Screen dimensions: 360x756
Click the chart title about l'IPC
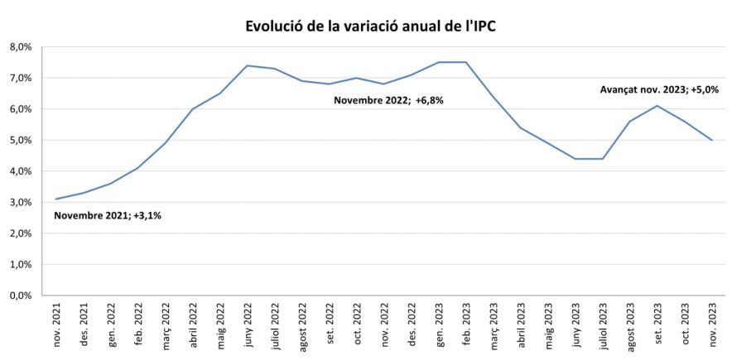pos(371,26)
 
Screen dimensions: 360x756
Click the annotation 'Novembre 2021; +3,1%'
pos(108,216)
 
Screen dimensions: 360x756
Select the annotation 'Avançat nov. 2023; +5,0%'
pos(658,89)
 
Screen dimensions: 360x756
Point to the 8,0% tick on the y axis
pos(20,47)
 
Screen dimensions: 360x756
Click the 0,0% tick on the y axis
pos(20,295)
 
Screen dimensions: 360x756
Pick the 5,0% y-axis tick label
pos(20,140)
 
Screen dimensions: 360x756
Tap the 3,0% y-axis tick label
pos(20,202)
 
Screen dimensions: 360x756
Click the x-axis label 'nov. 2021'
pos(56,325)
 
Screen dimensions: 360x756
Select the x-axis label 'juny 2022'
pos(248,324)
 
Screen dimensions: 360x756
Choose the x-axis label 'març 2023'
pos(494,324)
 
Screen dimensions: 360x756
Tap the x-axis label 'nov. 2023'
pos(712,325)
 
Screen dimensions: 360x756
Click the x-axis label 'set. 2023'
pos(657,325)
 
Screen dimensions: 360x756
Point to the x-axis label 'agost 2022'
pos(302,324)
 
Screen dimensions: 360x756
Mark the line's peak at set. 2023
pos(657,105)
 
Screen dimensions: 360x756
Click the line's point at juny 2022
pos(248,65)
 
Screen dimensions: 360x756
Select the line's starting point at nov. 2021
pos(56,199)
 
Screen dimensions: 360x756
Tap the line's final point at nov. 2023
pos(712,140)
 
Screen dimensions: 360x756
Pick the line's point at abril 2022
pos(193,108)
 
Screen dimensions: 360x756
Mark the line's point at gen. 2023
pos(439,62)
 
